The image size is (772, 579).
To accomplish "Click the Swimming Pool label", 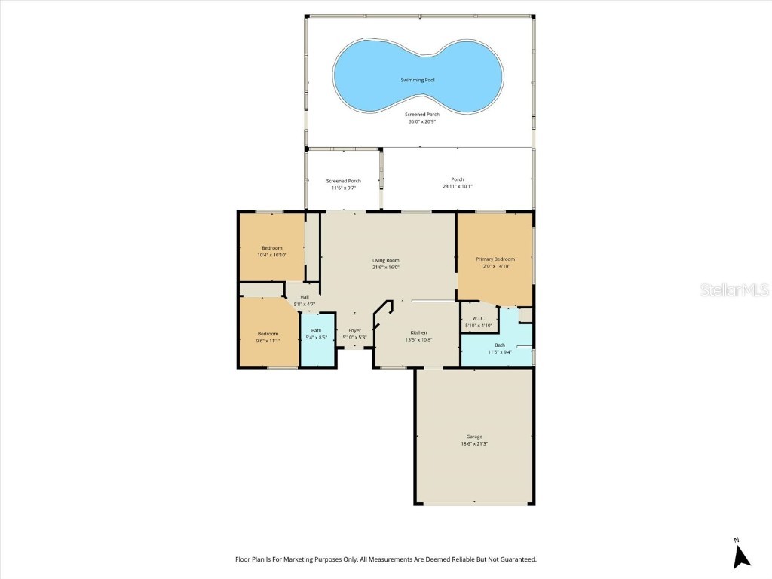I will tap(417, 80).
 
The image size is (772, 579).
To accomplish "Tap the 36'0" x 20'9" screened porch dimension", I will tap(421, 121).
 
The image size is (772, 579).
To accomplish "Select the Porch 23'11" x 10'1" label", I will tap(457, 182).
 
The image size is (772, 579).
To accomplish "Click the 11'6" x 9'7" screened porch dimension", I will tap(343, 188).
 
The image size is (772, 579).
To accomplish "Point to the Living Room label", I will tap(385, 260).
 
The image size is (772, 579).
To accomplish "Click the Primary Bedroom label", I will tap(495, 259).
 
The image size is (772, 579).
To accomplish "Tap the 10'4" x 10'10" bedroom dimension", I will tap(271, 255).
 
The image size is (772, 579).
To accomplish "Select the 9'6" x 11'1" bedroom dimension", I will tap(268, 341).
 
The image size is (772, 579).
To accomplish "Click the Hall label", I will tap(305, 297).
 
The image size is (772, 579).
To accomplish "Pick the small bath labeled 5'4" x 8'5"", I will tap(316, 334).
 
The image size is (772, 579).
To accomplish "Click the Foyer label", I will tap(354, 330).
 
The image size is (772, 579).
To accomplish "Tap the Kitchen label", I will tap(418, 332).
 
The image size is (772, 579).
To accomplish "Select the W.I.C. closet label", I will tap(477, 318).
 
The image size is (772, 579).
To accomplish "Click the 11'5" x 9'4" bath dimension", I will tap(500, 351).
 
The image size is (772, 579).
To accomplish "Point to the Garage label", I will tap(474, 437).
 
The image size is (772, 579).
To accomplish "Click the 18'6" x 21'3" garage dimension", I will tap(474, 443).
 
